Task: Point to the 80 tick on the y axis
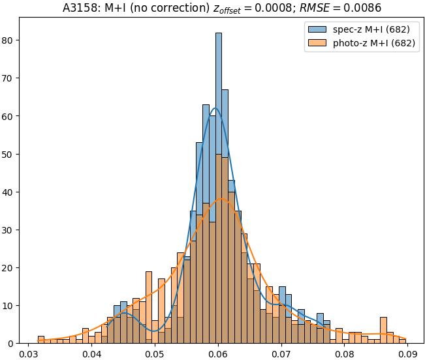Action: pos(11,40)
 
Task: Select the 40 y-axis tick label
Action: pos(11,192)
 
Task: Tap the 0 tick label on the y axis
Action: pos(14,343)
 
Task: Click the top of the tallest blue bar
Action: pos(218,34)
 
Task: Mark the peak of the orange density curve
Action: pos(222,198)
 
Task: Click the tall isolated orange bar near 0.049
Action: pos(149,273)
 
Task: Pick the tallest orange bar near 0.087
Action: pos(383,318)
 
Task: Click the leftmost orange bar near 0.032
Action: pos(41,338)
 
